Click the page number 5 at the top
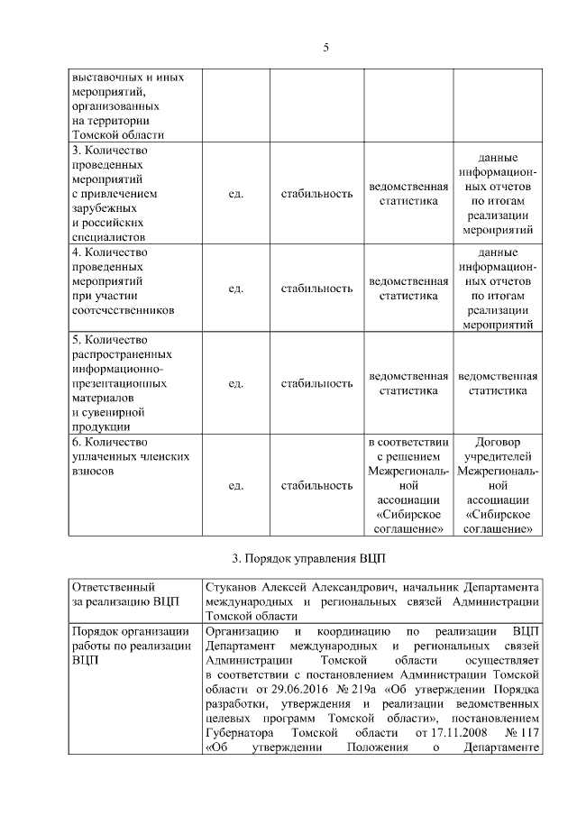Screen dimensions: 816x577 [325, 48]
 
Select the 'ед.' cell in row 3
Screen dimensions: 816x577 [235, 193]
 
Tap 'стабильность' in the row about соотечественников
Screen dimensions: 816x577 [316, 288]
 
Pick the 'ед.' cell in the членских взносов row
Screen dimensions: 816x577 [235, 485]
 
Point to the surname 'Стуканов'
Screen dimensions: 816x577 [231, 585]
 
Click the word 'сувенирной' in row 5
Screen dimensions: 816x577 [108, 412]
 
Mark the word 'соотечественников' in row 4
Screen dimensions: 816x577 [122, 309]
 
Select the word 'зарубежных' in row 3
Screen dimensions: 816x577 [104, 207]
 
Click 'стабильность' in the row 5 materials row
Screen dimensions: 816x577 [316, 383]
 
